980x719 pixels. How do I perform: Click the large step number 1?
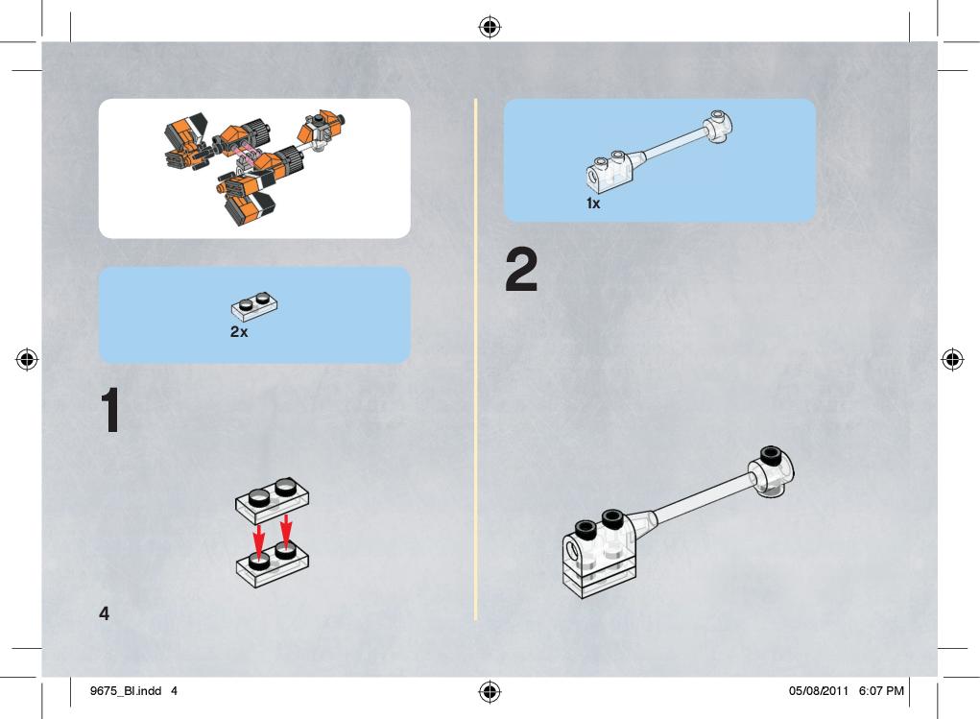pos(110,410)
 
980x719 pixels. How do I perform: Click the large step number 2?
pos(521,270)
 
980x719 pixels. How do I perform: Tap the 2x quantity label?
pos(239,331)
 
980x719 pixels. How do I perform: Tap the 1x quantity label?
pos(593,204)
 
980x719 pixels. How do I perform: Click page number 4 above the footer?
pos(105,613)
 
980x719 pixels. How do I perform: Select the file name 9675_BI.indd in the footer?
pos(126,691)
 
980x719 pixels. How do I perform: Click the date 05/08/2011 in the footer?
pos(818,691)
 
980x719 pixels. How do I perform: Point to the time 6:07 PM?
pos(881,691)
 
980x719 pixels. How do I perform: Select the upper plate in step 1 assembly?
pos(272,500)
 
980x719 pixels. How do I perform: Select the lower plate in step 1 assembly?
pos(273,563)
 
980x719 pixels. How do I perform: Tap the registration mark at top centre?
pos(490,27)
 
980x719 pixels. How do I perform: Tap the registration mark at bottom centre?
pos(490,691)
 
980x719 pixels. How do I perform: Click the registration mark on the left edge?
pos(26,359)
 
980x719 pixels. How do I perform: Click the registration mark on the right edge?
pos(952,359)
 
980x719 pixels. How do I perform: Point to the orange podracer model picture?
pos(254,168)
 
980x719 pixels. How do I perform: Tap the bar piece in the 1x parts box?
pos(659,151)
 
